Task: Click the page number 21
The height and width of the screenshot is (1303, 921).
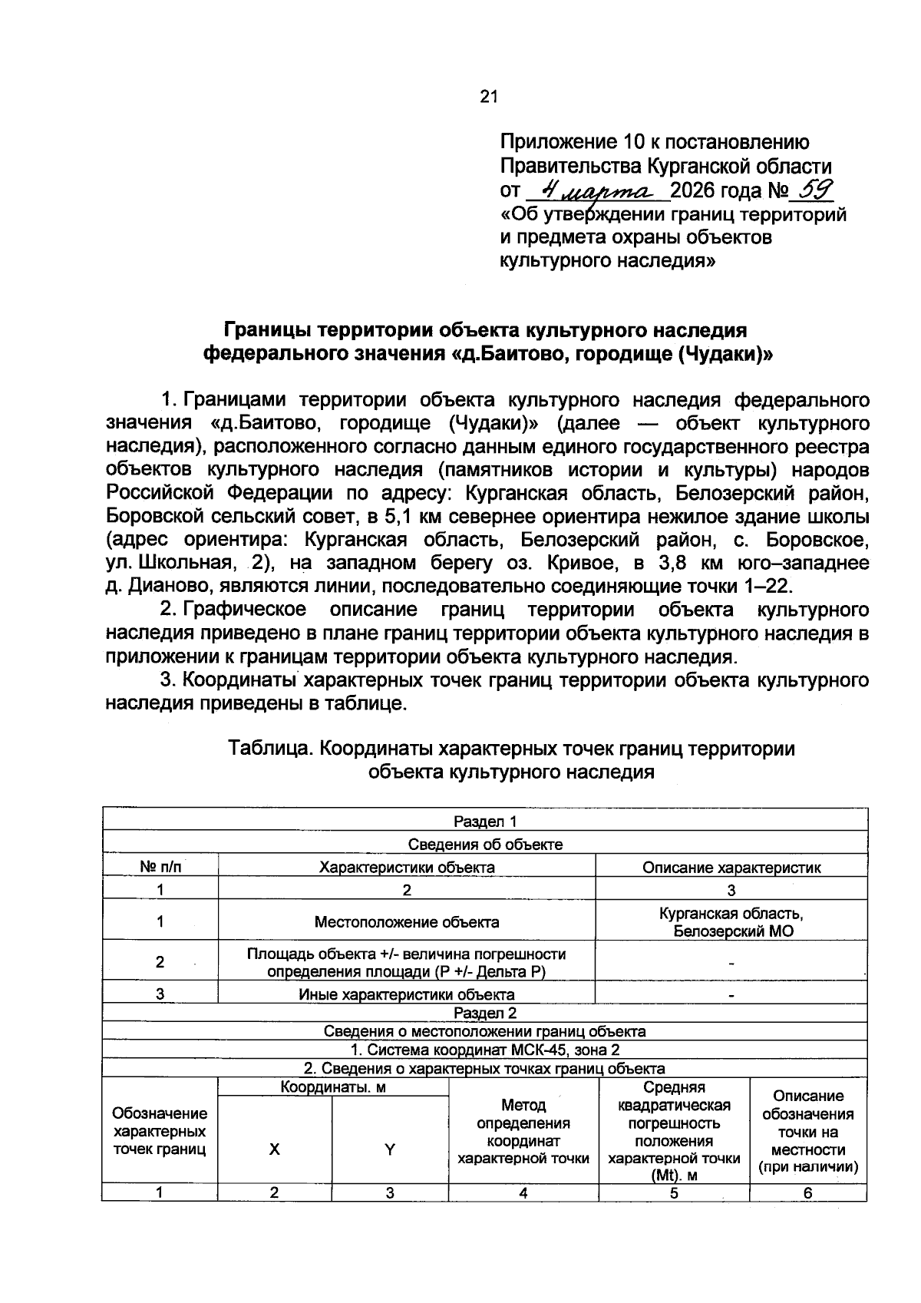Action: [489, 97]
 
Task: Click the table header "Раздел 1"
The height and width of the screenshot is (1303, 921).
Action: [485, 822]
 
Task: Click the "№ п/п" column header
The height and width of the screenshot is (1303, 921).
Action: [160, 867]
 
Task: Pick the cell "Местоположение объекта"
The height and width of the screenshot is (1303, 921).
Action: [407, 922]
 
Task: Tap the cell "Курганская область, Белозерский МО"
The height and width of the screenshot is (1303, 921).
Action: [731, 922]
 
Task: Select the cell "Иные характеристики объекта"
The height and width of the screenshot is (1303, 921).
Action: [407, 994]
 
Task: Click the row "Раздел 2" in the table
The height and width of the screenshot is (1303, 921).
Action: [485, 1013]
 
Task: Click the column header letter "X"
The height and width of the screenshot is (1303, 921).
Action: [274, 1149]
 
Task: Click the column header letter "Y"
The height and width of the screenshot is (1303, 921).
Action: [390, 1149]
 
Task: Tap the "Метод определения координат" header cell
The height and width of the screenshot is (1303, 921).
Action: [523, 1131]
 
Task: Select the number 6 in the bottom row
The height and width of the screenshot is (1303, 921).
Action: [807, 1193]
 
